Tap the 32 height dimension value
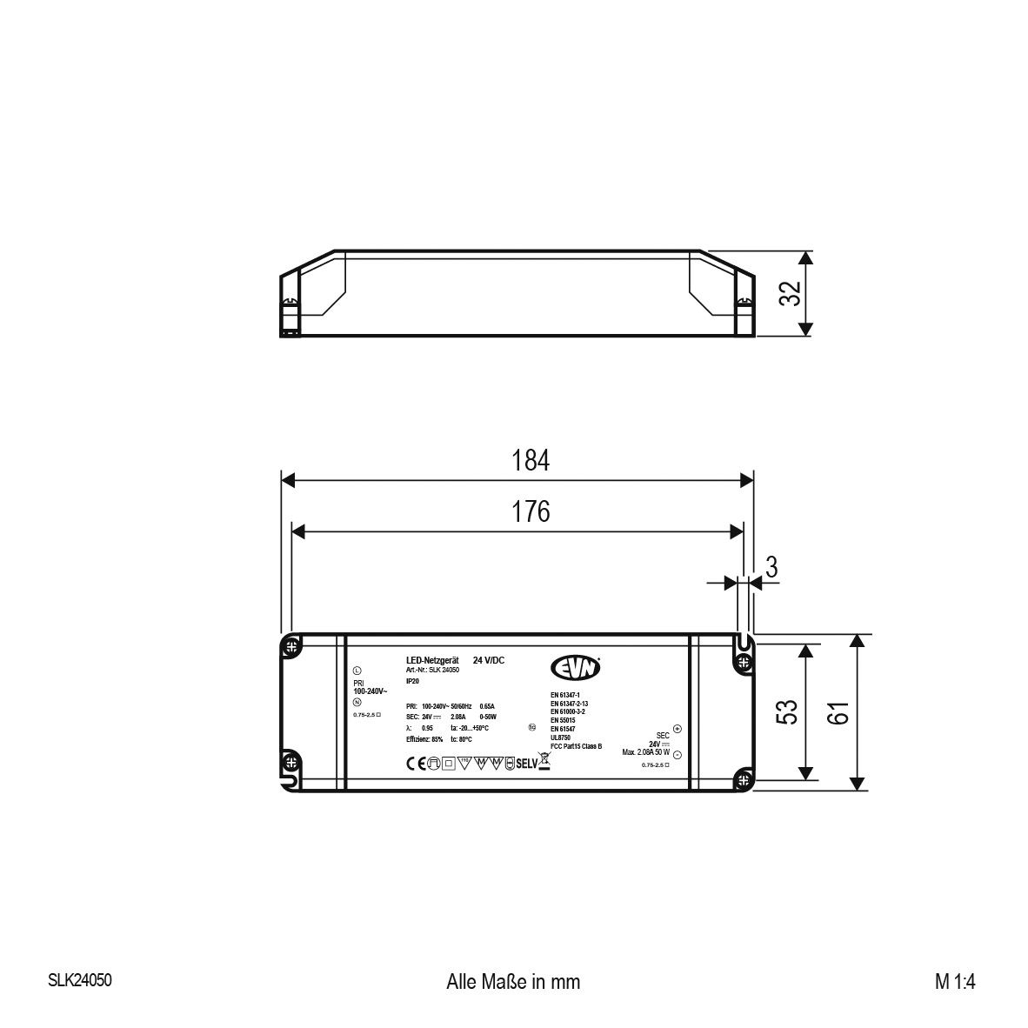(789, 293)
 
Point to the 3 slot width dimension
(770, 566)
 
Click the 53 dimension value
(786, 712)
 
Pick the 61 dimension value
(837, 712)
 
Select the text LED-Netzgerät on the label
(431, 661)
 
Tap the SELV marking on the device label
(527, 764)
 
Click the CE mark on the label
(413, 764)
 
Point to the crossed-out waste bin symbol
(545, 763)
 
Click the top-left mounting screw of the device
(291, 646)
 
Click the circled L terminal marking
(357, 671)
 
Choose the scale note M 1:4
(956, 982)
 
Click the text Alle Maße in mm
(512, 982)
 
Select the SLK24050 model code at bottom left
(80, 980)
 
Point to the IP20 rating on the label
(412, 681)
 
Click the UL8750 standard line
(561, 737)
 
